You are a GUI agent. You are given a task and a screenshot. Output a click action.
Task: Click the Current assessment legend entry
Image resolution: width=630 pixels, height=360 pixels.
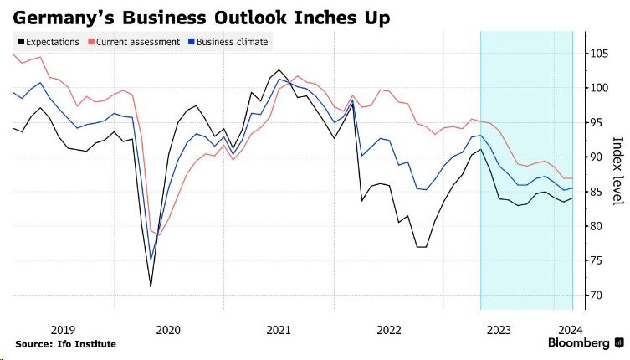click(x=138, y=42)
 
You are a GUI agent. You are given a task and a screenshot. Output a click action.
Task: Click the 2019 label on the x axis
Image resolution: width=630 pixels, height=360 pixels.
click(x=64, y=329)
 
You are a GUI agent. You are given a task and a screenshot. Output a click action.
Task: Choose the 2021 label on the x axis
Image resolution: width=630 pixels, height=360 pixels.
click(x=279, y=329)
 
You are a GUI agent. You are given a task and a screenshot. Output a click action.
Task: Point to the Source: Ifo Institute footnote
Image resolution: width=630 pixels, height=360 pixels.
click(x=65, y=344)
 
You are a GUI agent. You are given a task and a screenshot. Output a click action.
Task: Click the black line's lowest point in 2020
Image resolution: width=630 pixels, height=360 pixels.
click(x=151, y=287)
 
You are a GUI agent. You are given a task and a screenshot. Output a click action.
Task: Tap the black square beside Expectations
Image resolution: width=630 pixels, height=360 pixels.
click(x=19, y=42)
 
